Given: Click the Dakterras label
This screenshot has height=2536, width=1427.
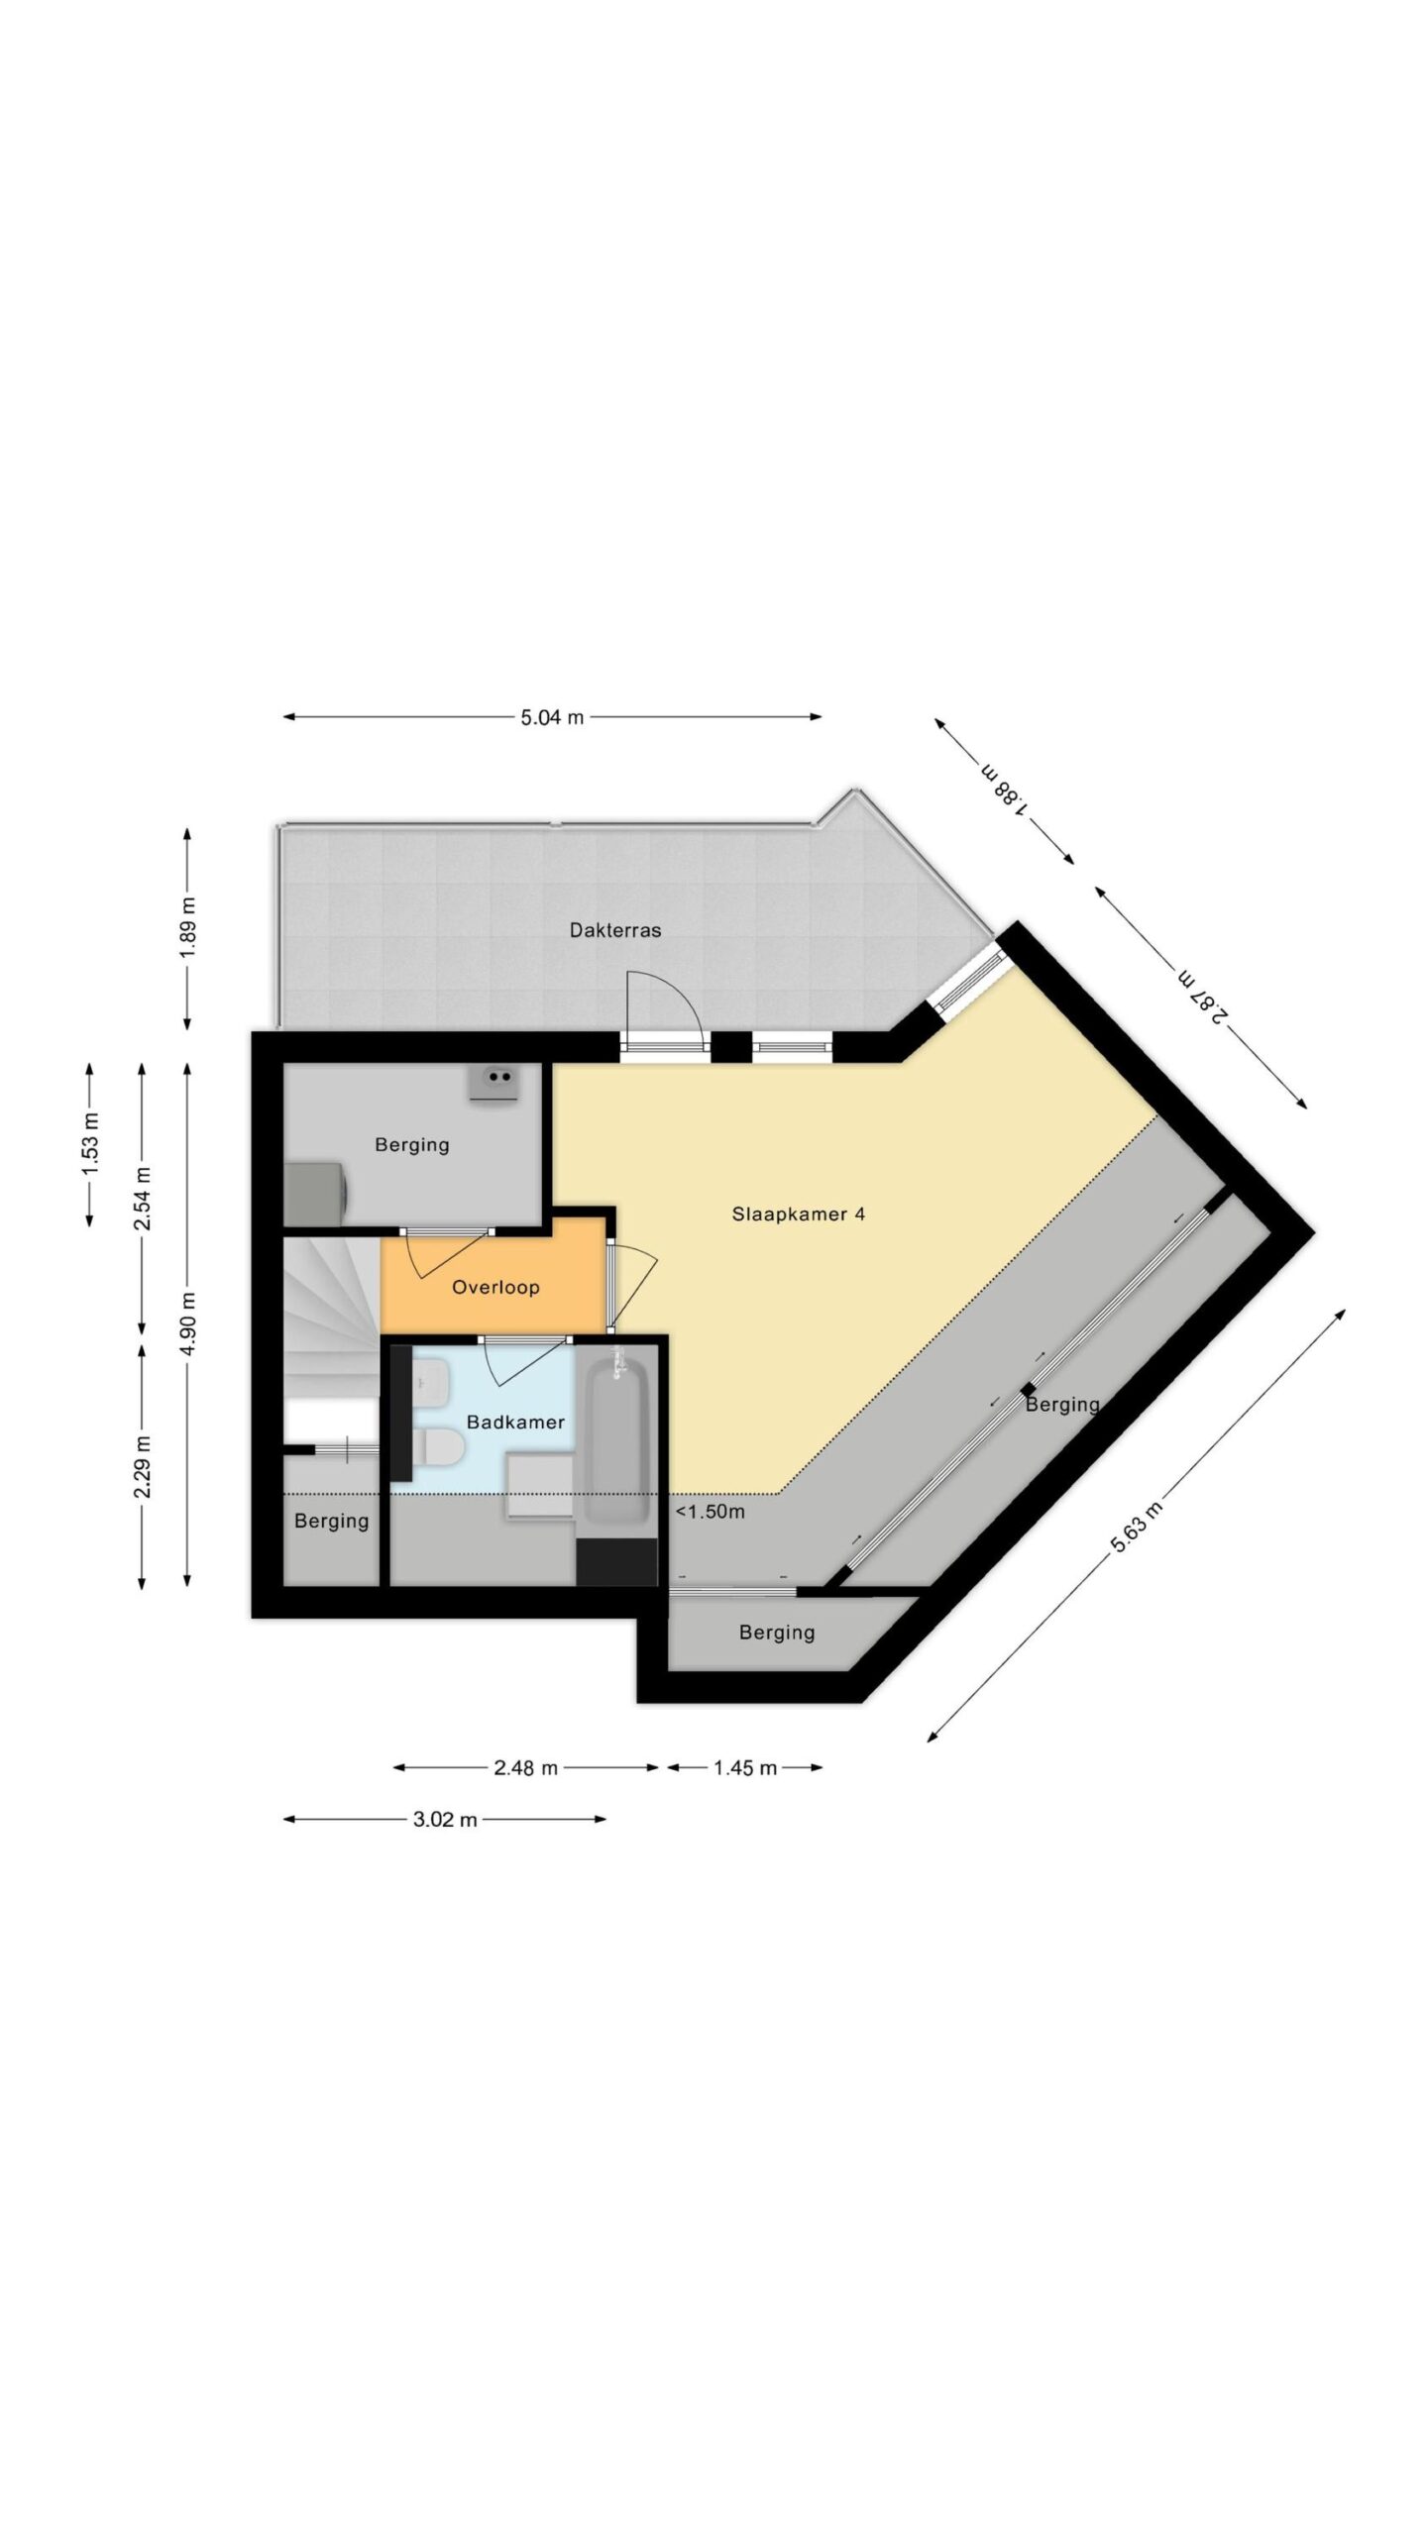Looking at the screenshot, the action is click(614, 930).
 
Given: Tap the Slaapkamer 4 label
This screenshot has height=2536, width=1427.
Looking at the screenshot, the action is click(798, 1214).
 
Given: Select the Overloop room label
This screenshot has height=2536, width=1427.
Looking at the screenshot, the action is click(495, 1287).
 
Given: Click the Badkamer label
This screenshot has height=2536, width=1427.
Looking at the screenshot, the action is click(515, 1422).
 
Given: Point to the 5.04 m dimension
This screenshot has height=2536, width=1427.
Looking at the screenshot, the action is click(552, 717).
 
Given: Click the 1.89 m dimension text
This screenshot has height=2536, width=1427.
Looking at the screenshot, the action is click(188, 926).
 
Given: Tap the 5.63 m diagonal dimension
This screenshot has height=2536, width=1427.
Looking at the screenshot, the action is click(1136, 1528).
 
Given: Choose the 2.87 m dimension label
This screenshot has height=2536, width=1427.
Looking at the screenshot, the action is click(1204, 994).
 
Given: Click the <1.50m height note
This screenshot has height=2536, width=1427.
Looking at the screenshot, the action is click(711, 1512).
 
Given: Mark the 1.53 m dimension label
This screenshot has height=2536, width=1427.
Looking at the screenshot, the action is click(90, 1144).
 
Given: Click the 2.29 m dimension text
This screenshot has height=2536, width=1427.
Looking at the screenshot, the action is click(143, 1466).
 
